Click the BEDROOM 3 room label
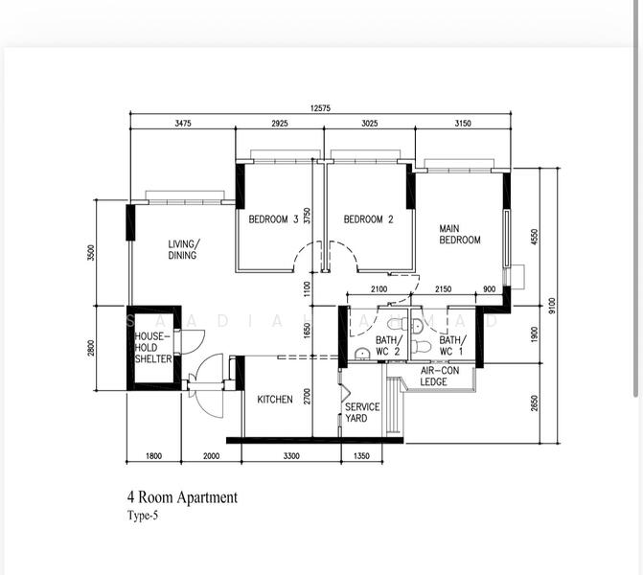click(x=273, y=219)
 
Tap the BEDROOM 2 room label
click(x=369, y=219)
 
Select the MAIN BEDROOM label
click(x=459, y=234)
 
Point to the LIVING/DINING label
click(x=182, y=250)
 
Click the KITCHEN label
click(x=275, y=400)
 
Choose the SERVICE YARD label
click(x=362, y=412)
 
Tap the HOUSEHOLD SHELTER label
click(x=153, y=348)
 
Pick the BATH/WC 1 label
click(x=452, y=345)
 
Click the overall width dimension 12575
click(x=320, y=108)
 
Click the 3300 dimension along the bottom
click(x=291, y=456)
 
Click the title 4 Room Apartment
click(x=182, y=497)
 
